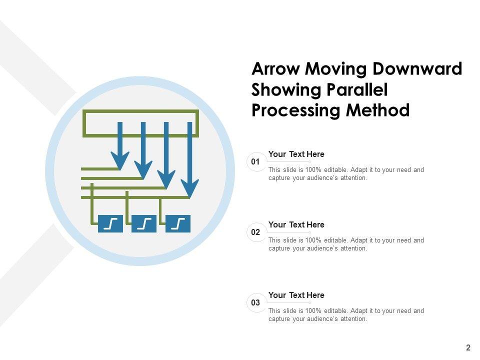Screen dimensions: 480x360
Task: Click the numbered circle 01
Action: [256, 162]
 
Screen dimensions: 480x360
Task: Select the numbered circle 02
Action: [256, 232]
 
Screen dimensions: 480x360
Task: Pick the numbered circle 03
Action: [256, 303]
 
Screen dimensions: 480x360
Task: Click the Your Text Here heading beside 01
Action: [296, 154]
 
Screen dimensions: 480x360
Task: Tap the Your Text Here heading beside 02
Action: [296, 225]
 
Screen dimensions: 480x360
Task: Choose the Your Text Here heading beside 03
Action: [296, 295]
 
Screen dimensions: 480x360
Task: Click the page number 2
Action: [468, 348]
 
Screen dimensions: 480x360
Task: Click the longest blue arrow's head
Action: [189, 188]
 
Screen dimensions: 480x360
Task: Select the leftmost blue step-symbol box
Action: [110, 223]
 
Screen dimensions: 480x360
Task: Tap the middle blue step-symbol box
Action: [144, 223]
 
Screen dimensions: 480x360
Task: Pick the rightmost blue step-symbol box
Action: [178, 223]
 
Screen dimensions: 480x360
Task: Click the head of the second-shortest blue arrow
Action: [143, 170]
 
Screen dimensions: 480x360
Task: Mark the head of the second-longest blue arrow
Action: [166, 179]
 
